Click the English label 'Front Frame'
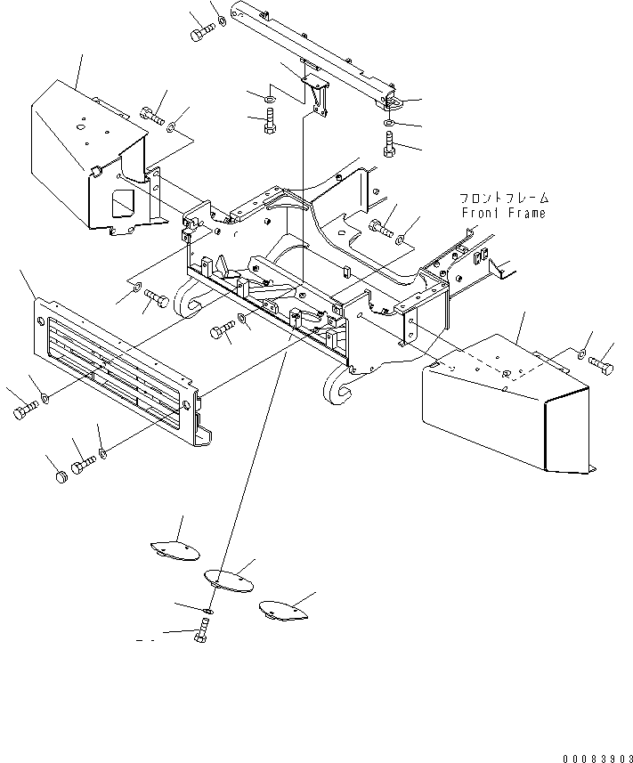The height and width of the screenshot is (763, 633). (504, 213)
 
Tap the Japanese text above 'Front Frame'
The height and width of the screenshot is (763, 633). (504, 198)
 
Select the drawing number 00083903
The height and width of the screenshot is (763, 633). (597, 759)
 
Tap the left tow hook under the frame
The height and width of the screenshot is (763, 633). (187, 304)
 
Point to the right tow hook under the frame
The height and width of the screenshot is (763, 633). (339, 385)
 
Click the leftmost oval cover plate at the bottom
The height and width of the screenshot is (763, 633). (174, 551)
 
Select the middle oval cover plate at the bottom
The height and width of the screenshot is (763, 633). (229, 580)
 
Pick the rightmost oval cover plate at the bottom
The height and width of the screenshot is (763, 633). (283, 611)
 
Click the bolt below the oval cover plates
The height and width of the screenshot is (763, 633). (201, 630)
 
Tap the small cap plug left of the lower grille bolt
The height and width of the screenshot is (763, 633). (61, 476)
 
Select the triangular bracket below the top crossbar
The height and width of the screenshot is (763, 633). (317, 95)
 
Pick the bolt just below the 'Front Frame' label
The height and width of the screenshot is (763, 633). (382, 228)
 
